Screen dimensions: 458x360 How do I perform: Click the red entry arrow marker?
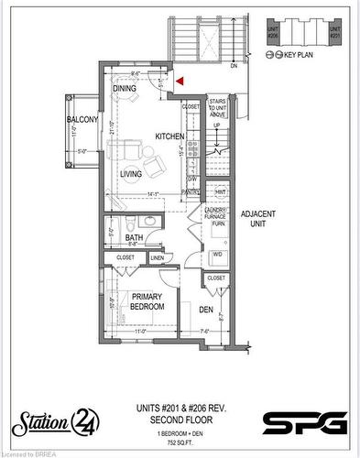click(x=181, y=81)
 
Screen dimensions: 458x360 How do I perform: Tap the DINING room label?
click(x=125, y=88)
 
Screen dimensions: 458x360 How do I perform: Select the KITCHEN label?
click(x=169, y=136)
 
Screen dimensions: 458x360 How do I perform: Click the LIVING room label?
click(x=131, y=172)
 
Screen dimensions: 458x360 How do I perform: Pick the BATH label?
click(x=133, y=237)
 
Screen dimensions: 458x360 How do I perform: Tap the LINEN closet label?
click(x=157, y=257)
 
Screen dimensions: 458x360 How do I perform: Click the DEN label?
click(x=207, y=310)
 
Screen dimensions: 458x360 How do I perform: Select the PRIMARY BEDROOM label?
click(x=146, y=301)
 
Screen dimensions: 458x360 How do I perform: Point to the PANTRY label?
click(x=191, y=192)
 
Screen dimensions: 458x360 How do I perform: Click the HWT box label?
click(x=220, y=192)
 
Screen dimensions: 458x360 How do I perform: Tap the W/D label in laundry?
click(x=218, y=254)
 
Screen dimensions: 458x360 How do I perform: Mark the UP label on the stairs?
click(x=216, y=126)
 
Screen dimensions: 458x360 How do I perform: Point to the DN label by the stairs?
click(x=234, y=66)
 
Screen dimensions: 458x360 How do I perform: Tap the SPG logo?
click(x=305, y=422)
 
